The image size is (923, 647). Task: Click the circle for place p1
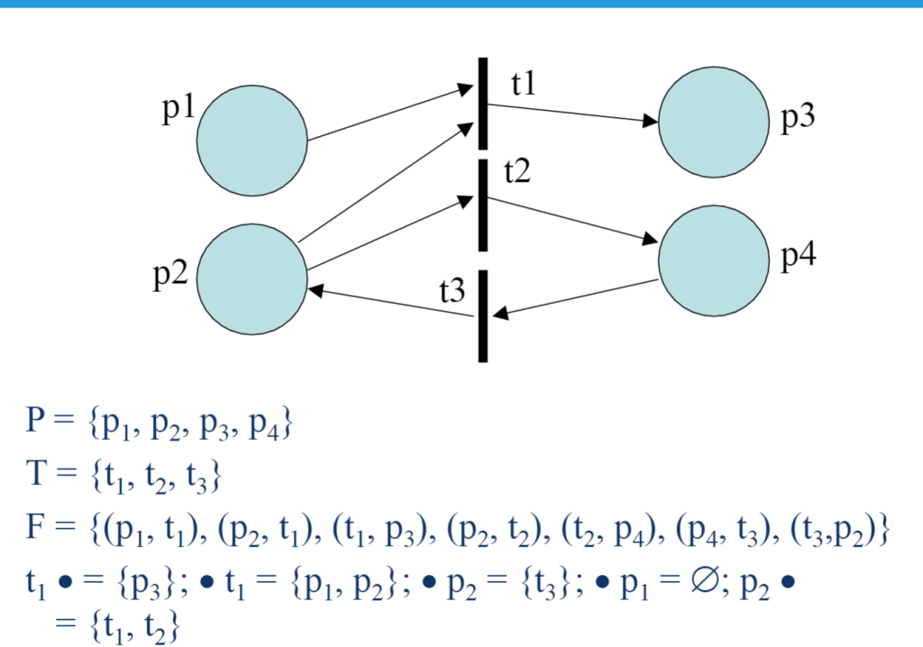252,140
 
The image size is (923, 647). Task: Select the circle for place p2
252,279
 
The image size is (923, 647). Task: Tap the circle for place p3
714,122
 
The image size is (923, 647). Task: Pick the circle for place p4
714,260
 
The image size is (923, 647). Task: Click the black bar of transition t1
483,104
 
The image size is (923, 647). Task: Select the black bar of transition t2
483,205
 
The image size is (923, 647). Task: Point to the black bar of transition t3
483,316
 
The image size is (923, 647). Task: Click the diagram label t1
524,83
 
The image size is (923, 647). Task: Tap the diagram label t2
516,171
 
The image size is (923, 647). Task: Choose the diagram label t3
452,290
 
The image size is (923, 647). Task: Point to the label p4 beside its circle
799,257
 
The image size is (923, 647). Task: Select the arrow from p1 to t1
391,113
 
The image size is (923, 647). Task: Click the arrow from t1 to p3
572,114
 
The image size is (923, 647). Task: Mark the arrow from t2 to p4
572,220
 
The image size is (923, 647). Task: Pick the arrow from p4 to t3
574,298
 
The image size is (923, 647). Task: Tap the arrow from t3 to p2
390,302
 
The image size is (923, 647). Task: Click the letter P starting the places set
35,420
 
